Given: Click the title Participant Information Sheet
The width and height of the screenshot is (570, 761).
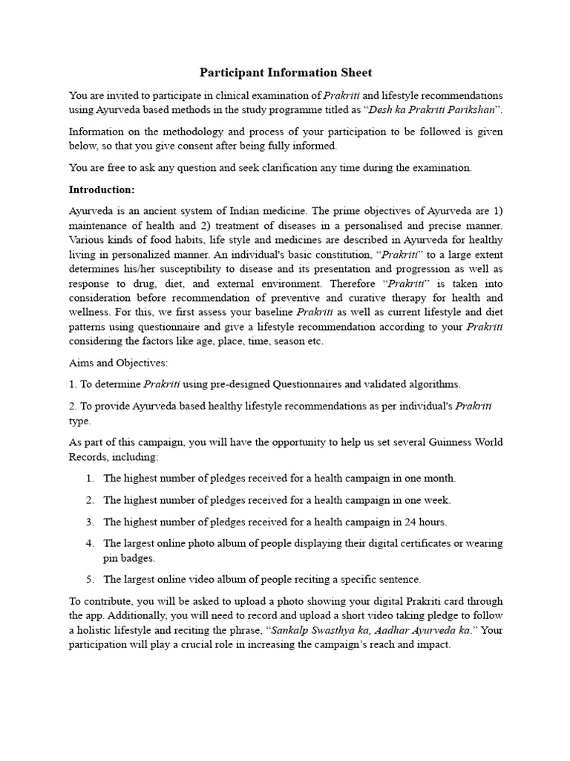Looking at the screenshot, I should click(285, 73).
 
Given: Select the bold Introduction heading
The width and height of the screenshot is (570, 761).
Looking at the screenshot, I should click(102, 189).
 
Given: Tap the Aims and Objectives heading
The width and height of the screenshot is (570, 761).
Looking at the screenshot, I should click(119, 363).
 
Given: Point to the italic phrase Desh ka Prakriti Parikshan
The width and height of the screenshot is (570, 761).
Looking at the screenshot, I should click(431, 110).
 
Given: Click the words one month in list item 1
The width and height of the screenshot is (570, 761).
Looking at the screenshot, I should click(431, 478).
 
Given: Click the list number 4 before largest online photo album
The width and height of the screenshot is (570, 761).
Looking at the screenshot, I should click(90, 543).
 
